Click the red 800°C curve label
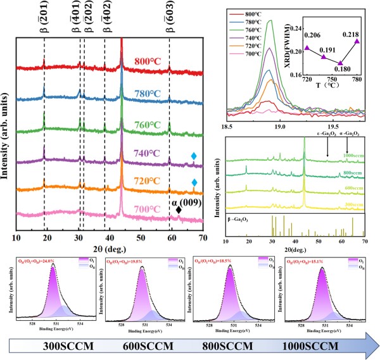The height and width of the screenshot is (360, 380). click(x=151, y=62)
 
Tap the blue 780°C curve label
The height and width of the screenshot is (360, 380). click(x=151, y=93)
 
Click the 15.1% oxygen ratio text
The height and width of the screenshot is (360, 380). click(x=310, y=262)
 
